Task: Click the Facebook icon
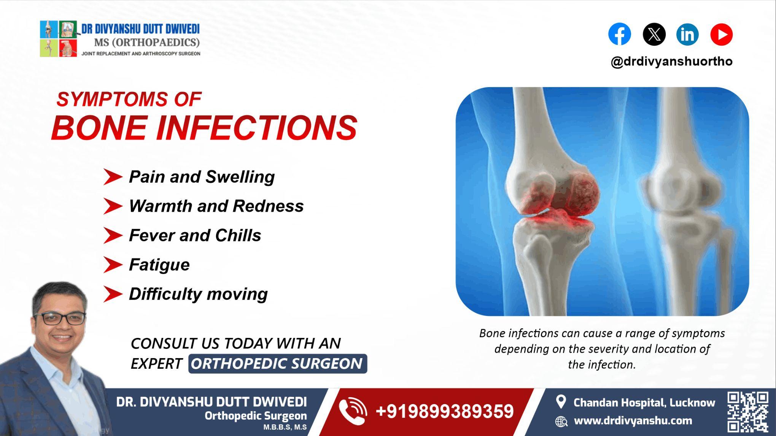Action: click(619, 34)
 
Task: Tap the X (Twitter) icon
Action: click(654, 34)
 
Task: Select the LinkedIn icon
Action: click(687, 34)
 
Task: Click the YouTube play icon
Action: click(721, 34)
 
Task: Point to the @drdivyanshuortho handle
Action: click(671, 61)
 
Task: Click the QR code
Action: click(747, 411)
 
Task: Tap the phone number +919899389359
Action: click(444, 412)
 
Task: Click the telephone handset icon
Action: click(353, 411)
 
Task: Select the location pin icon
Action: click(561, 402)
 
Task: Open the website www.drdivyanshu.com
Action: click(633, 421)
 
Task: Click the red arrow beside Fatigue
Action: click(113, 265)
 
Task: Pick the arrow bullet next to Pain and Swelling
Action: click(113, 177)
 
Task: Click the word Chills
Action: click(238, 236)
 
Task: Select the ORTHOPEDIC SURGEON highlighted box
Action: click(277, 364)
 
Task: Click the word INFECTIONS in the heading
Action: click(257, 128)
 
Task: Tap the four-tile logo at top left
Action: click(59, 39)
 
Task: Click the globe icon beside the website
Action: click(561, 421)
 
